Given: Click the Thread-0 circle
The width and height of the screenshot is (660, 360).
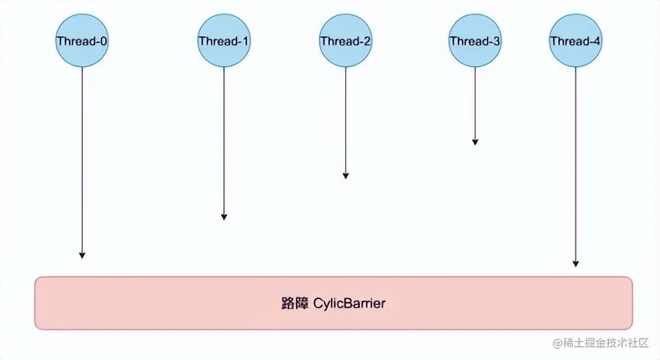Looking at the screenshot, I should point(82,41).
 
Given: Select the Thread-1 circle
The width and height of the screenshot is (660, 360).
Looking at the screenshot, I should point(224,41).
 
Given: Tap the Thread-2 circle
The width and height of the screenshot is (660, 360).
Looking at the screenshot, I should point(345,41).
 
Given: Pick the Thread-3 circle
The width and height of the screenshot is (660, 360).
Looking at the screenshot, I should point(475,41).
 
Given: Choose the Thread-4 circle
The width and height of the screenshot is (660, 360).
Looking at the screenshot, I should point(575,41).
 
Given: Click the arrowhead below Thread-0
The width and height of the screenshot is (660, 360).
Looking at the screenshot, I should point(82,255).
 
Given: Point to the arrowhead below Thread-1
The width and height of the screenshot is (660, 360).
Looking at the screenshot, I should point(224,217).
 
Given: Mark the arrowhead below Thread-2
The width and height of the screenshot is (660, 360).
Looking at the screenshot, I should point(346,175).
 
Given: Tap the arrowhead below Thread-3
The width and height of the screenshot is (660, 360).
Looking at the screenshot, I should point(475,142).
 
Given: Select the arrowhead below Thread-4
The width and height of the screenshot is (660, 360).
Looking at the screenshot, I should point(576,263).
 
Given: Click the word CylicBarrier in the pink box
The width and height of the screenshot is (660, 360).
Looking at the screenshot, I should point(349,303).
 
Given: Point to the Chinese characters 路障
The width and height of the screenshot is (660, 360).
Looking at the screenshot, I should point(294,303).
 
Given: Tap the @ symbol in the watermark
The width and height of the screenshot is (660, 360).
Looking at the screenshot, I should point(558,343).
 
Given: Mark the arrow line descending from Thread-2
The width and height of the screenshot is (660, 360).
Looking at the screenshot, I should point(346,120).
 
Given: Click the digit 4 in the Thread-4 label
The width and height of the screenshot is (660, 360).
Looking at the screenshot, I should point(598,41).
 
